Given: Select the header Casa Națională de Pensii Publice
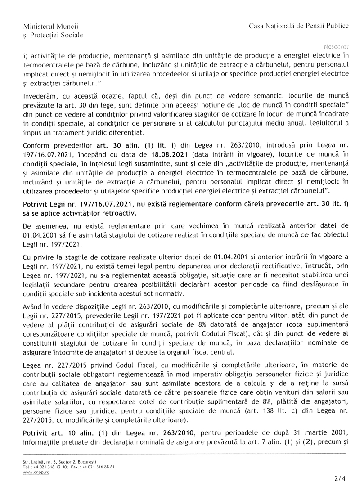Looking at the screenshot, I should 299,27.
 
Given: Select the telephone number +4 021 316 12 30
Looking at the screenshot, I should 53,467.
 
